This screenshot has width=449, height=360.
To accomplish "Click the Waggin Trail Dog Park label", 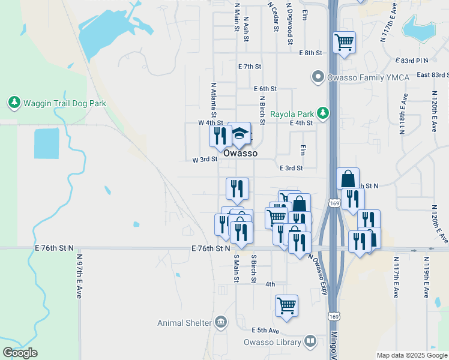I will click(64, 103).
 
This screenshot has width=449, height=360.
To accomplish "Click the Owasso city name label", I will click(241, 154).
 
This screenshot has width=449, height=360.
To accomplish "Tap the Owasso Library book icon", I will click(310, 341).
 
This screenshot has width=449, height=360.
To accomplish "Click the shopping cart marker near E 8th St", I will click(345, 42).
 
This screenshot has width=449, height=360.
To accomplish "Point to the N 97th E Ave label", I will click(79, 276).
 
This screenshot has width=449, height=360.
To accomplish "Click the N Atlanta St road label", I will click(212, 100).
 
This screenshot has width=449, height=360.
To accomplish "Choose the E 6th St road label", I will click(265, 88).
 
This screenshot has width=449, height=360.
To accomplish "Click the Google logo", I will click(20, 353).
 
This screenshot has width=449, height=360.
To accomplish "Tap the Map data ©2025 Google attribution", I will click(411, 355).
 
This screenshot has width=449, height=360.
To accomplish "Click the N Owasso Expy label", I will click(318, 273).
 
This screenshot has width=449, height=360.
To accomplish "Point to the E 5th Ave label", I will click(266, 331).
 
